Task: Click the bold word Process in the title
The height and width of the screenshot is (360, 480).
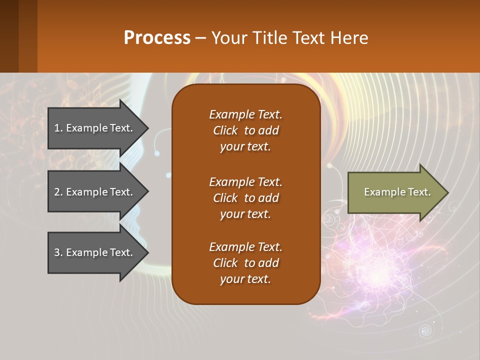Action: tap(157, 38)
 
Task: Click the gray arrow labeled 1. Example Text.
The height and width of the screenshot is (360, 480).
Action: tap(95, 128)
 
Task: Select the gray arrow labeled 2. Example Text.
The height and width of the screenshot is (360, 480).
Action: tap(95, 192)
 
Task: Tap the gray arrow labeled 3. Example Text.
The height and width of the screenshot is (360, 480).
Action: tap(95, 252)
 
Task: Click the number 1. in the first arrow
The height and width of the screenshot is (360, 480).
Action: tap(58, 128)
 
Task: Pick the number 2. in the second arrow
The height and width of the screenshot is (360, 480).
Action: tap(58, 192)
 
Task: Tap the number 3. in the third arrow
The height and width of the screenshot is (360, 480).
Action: tap(58, 252)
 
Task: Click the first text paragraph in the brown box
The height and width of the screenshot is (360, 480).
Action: tap(245, 130)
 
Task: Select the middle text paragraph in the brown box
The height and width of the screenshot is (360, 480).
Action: tap(245, 198)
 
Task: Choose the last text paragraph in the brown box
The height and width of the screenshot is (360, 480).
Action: tap(245, 263)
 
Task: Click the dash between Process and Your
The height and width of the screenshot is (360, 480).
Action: tap(200, 38)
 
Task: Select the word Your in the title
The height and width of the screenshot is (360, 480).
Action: tap(227, 38)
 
